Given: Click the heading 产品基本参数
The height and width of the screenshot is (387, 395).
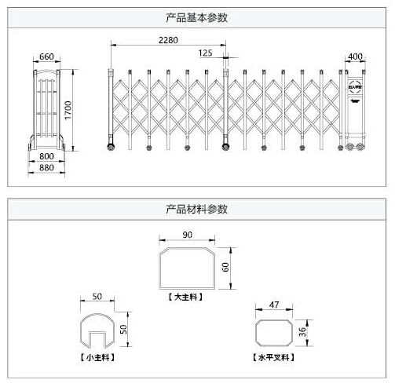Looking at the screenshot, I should click(x=197, y=17).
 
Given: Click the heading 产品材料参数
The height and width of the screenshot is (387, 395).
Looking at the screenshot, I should click(x=197, y=210).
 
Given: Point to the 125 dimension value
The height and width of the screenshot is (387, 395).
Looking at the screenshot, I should click(x=206, y=53).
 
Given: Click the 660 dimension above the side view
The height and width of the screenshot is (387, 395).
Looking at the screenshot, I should click(x=46, y=57).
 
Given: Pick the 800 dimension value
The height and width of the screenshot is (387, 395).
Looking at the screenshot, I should click(x=46, y=155).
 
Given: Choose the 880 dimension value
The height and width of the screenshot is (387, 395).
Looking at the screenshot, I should click(x=46, y=167).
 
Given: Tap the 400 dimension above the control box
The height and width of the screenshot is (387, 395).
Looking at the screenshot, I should click(x=354, y=57).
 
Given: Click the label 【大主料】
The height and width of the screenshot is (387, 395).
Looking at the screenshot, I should click(x=186, y=298).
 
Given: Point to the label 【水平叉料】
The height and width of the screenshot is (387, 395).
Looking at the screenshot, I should click(x=274, y=356).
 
